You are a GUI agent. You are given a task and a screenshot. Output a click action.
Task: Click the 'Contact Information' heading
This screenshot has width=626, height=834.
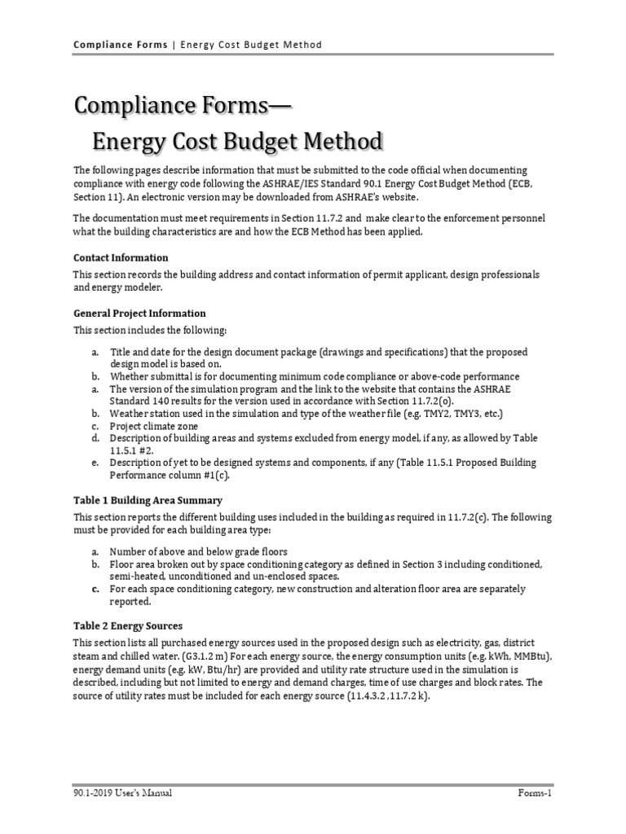coord(121,258)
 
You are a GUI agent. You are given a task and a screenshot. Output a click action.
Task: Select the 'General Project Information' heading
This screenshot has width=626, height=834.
coord(139,313)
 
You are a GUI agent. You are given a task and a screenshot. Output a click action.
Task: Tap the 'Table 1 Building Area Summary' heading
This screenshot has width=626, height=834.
coord(148,500)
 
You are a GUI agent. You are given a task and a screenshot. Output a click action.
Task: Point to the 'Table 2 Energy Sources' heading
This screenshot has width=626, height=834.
coord(128,625)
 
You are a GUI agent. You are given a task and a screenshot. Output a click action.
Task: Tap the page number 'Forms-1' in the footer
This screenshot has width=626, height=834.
coord(534,792)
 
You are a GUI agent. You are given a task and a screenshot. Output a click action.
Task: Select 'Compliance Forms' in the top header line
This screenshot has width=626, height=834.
coord(120,44)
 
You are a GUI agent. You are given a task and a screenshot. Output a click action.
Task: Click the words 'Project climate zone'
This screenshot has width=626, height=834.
coord(153,425)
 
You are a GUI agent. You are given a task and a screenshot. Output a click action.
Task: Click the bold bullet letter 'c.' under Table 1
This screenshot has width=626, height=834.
coord(95,588)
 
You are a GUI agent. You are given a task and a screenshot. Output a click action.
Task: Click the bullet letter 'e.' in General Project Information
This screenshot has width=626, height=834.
coord(95,463)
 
